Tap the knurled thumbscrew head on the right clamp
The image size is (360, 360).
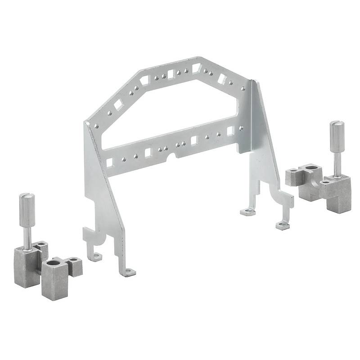pyautogui.click(x=336, y=135)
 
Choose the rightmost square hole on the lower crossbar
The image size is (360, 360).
pyautogui.click(x=230, y=130)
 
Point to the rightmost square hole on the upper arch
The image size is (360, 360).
pyautogui.click(x=222, y=79)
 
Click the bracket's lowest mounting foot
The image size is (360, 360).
pyautogui.click(x=129, y=272)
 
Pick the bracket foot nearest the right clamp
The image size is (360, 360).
pyautogui.click(x=282, y=225)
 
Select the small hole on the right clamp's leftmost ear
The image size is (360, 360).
pyautogui.click(x=293, y=171)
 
